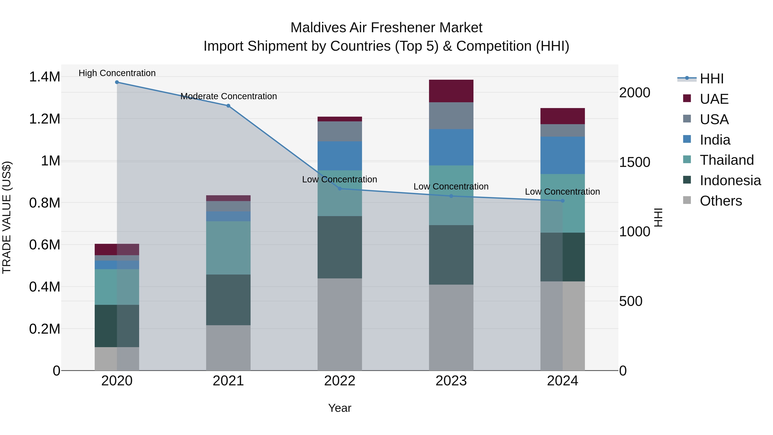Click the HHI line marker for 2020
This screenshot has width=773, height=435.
pyautogui.click(x=117, y=82)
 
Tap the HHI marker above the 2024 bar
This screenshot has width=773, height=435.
pyautogui.click(x=562, y=201)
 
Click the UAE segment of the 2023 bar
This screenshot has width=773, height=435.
pyautogui.click(x=451, y=91)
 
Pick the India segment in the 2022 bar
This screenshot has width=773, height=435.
pyautogui.click(x=340, y=156)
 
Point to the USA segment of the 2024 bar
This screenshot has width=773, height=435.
pyautogui.click(x=562, y=130)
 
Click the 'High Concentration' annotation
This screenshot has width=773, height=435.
pyautogui.click(x=117, y=73)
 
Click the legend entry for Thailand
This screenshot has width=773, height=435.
pyautogui.click(x=726, y=160)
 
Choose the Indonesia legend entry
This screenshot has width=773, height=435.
pyautogui.click(x=730, y=180)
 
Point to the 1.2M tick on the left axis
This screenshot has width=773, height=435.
pyautogui.click(x=44, y=119)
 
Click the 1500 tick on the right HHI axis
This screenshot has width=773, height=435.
pyautogui.click(x=634, y=162)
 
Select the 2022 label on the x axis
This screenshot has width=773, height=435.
pyautogui.click(x=340, y=381)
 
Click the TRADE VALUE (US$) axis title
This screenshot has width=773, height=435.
pyautogui.click(x=7, y=217)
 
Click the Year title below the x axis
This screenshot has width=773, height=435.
pyautogui.click(x=340, y=408)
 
